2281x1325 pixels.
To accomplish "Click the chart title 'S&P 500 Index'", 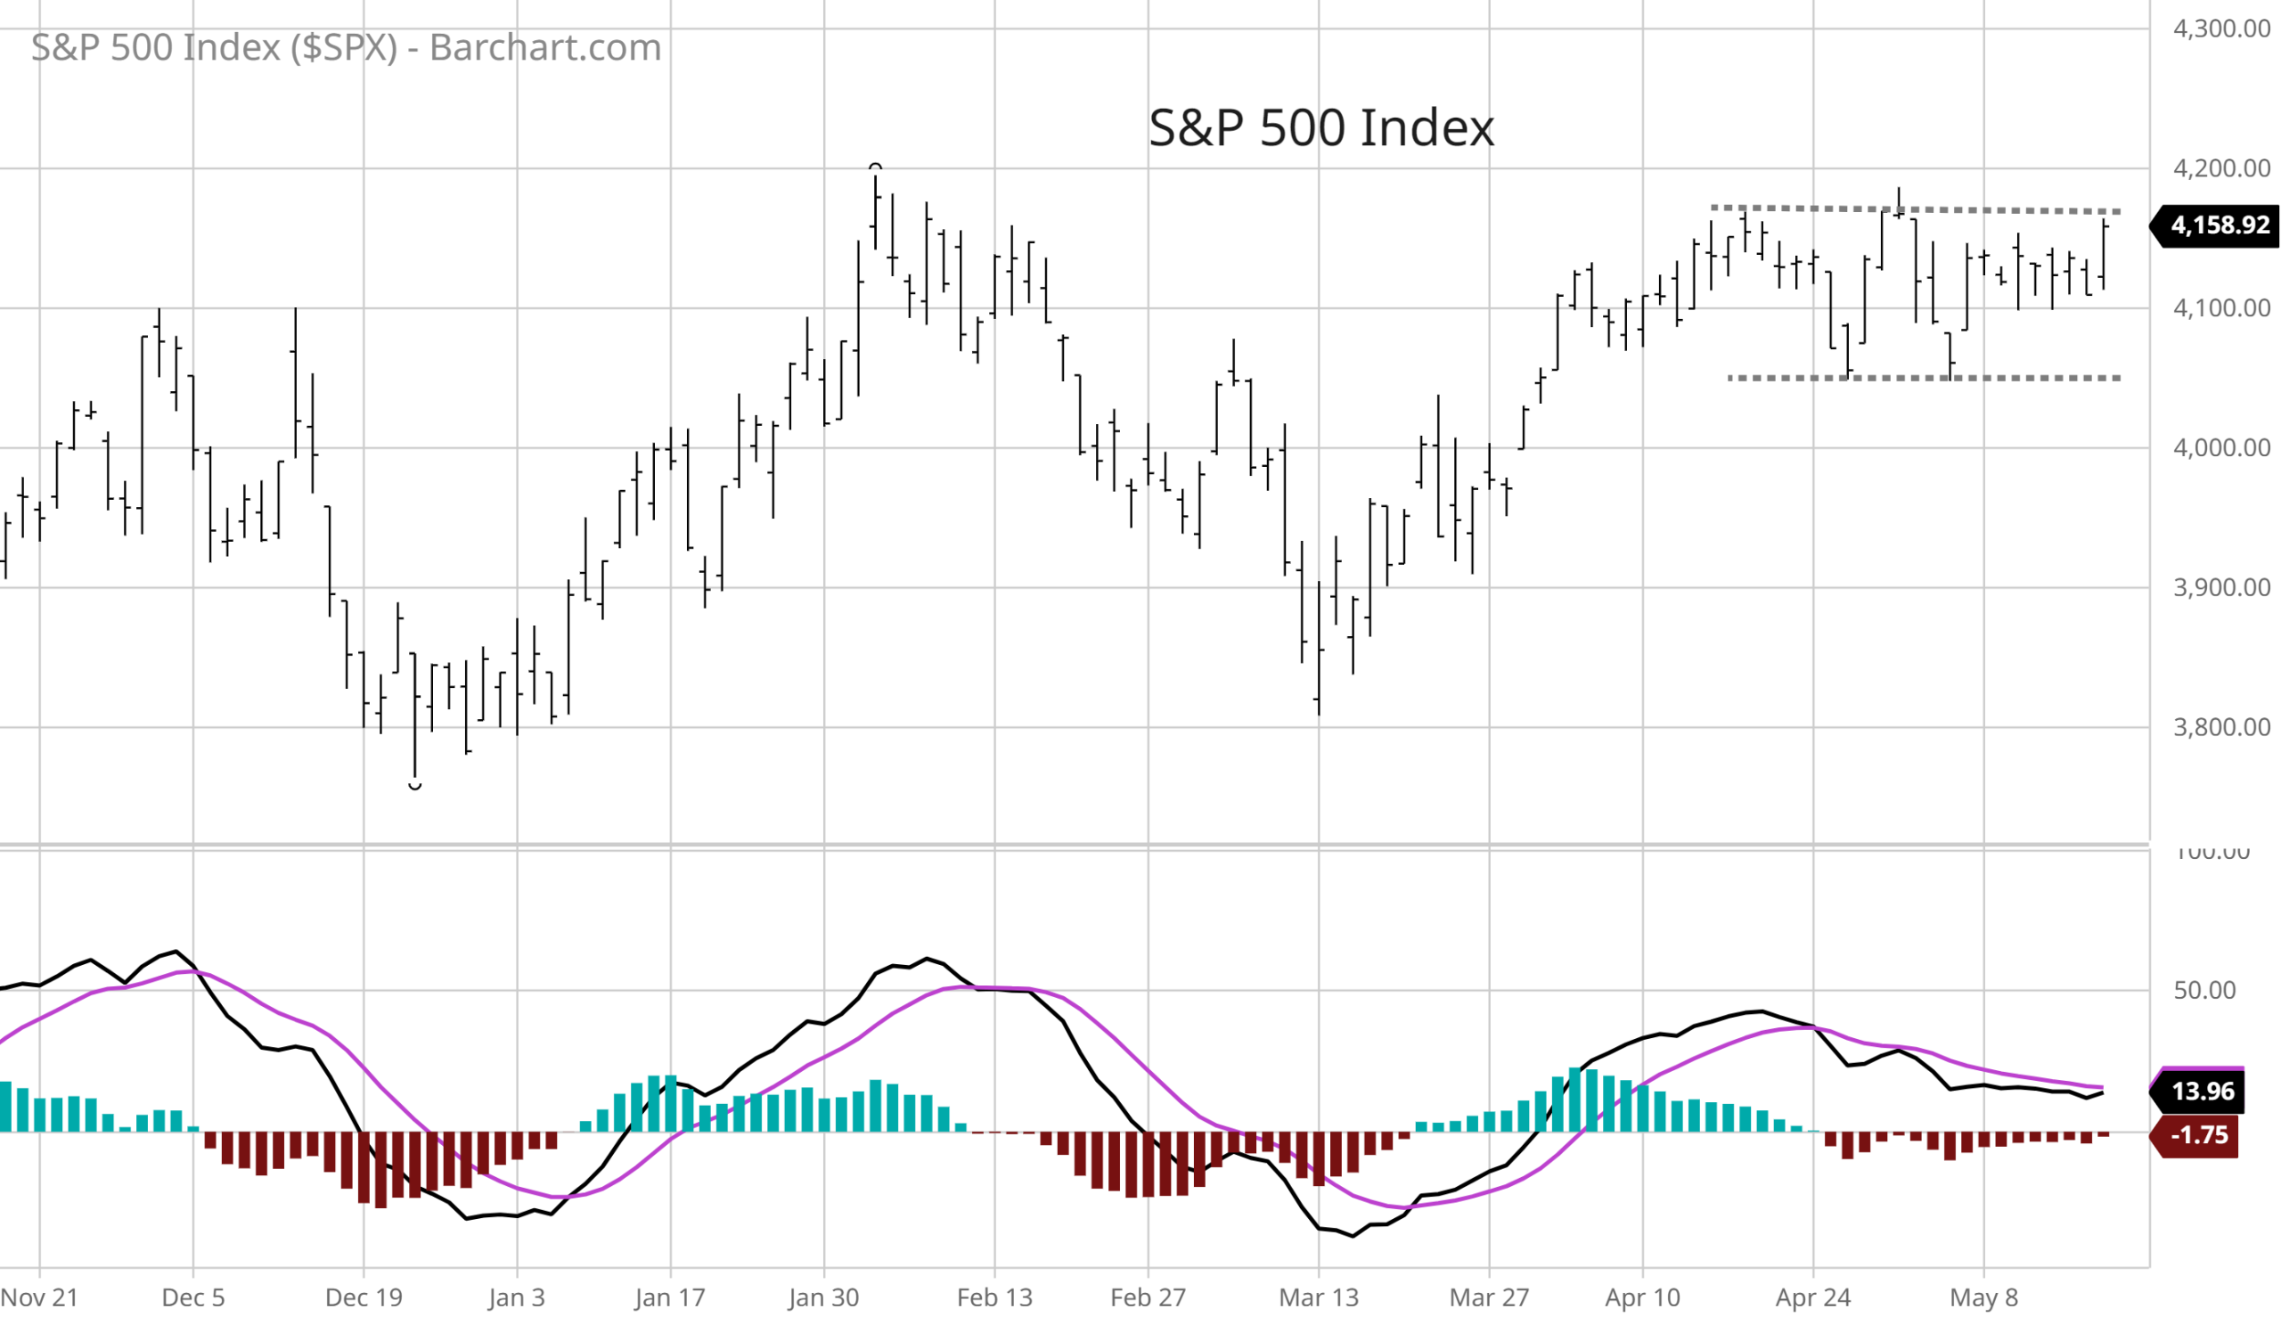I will [x=1320, y=127].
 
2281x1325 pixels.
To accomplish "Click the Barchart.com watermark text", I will [x=346, y=47].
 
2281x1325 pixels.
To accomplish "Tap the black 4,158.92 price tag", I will [x=2220, y=225].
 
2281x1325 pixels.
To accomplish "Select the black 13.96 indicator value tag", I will [x=2203, y=1091].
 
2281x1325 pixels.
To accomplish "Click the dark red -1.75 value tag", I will [x=2198, y=1135].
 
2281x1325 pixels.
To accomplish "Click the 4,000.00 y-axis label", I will [x=2221, y=448].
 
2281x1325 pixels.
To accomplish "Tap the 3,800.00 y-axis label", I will [x=2221, y=728].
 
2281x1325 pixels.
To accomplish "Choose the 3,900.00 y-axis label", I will [x=2221, y=588].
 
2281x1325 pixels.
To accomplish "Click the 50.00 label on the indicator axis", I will [x=2205, y=990].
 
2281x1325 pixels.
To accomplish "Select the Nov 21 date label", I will [x=39, y=1298].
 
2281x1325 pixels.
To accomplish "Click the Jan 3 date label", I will [x=517, y=1298].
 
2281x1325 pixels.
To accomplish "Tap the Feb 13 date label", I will [x=993, y=1298].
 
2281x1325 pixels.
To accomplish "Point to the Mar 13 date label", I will [x=1318, y=1298].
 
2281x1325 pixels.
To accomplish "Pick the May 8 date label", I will [x=1983, y=1298].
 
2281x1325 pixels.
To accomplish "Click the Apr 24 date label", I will [x=1813, y=1298].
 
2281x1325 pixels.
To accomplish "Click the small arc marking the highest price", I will [x=875, y=167].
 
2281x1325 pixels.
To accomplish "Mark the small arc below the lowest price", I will [x=414, y=787].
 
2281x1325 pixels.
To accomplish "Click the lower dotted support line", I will [x=1924, y=378].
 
